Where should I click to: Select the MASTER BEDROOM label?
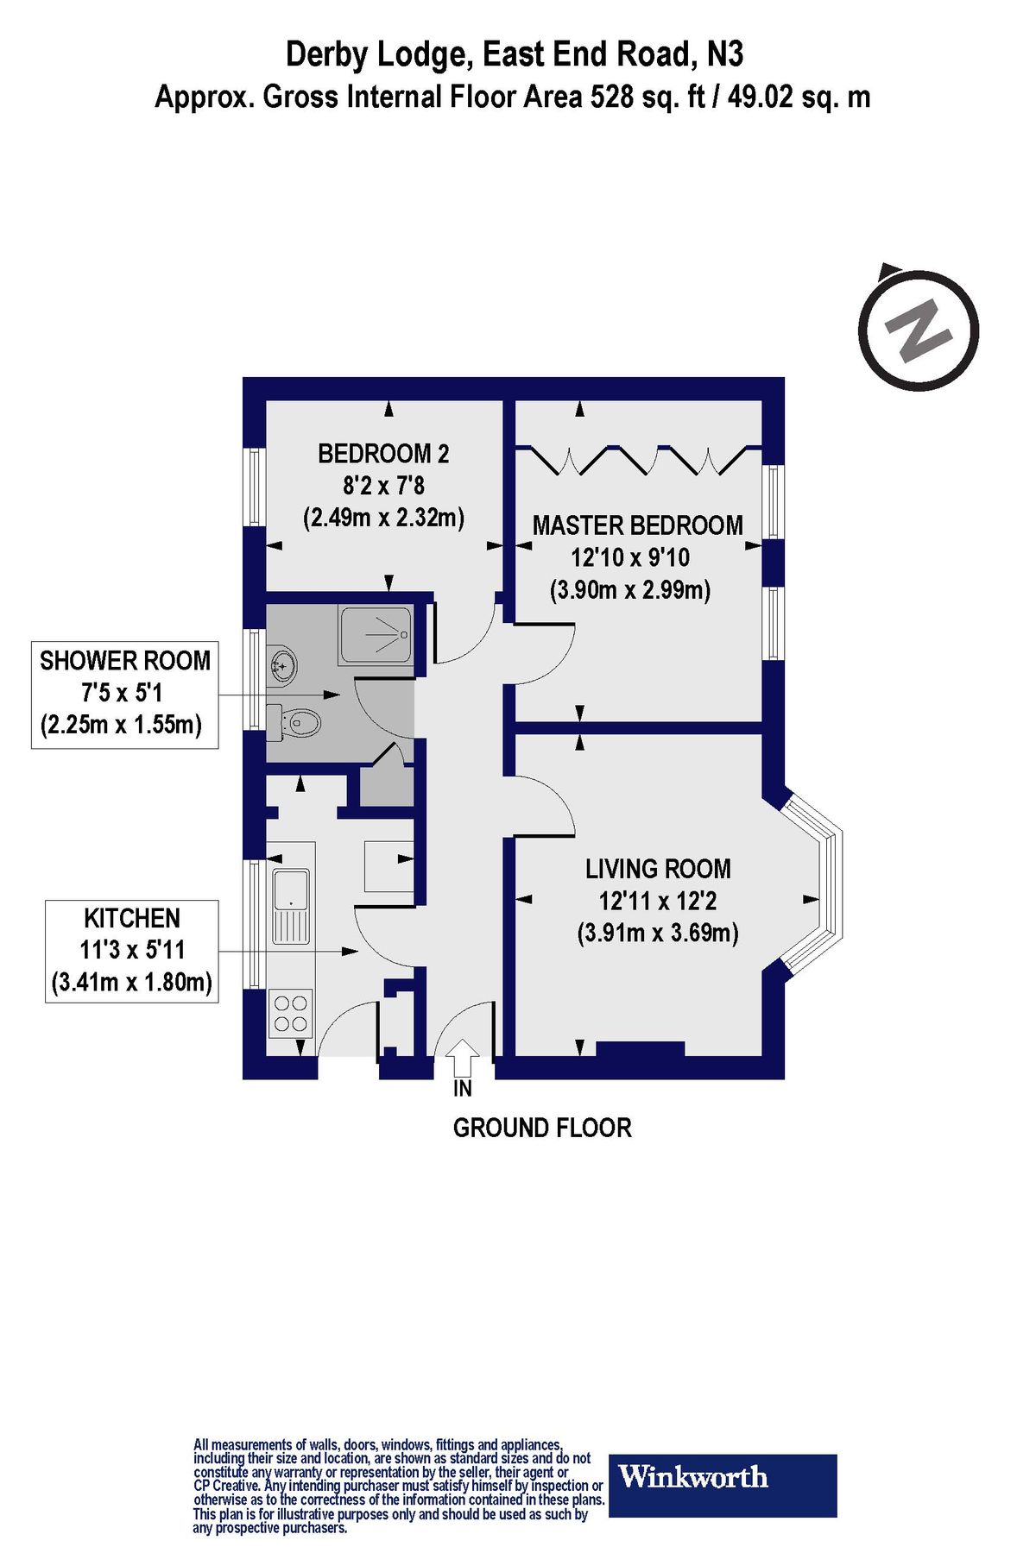pos(637,525)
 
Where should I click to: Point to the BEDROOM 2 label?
pos(383,453)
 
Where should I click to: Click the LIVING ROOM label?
pos(658,869)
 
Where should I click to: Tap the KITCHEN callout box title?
pos(131,918)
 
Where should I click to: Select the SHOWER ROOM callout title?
pos(125,661)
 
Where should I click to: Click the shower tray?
pos(376,636)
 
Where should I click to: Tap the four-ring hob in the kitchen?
pos(290,1014)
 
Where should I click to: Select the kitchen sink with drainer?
pos(292,906)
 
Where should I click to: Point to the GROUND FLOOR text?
pos(542,1128)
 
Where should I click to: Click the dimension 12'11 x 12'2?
pos(658,902)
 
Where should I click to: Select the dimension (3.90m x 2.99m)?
pos(630,591)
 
